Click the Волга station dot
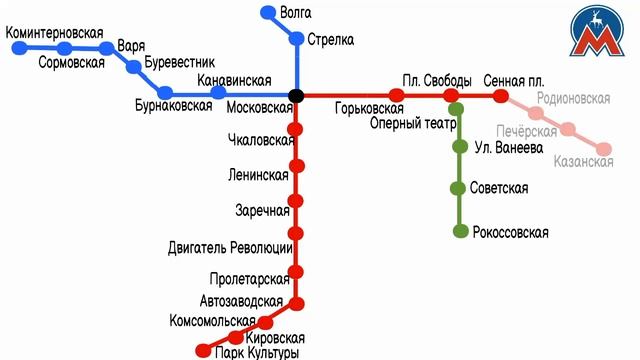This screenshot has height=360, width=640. [x=267, y=13]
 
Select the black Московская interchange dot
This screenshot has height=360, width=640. [x=296, y=95]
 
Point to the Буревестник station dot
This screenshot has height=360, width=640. [x=134, y=67]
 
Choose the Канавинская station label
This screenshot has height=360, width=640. [x=235, y=80]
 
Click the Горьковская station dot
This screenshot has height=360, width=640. [x=397, y=95]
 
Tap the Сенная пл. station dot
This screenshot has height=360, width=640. [x=500, y=95]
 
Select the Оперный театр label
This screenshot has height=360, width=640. [x=413, y=123]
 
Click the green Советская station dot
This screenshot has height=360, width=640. [x=460, y=189]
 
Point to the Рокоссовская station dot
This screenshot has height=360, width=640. [x=460, y=232]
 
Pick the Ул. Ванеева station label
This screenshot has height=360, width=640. [x=508, y=147]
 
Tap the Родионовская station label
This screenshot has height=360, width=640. [x=573, y=99]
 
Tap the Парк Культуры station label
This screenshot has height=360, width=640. [x=257, y=353]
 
